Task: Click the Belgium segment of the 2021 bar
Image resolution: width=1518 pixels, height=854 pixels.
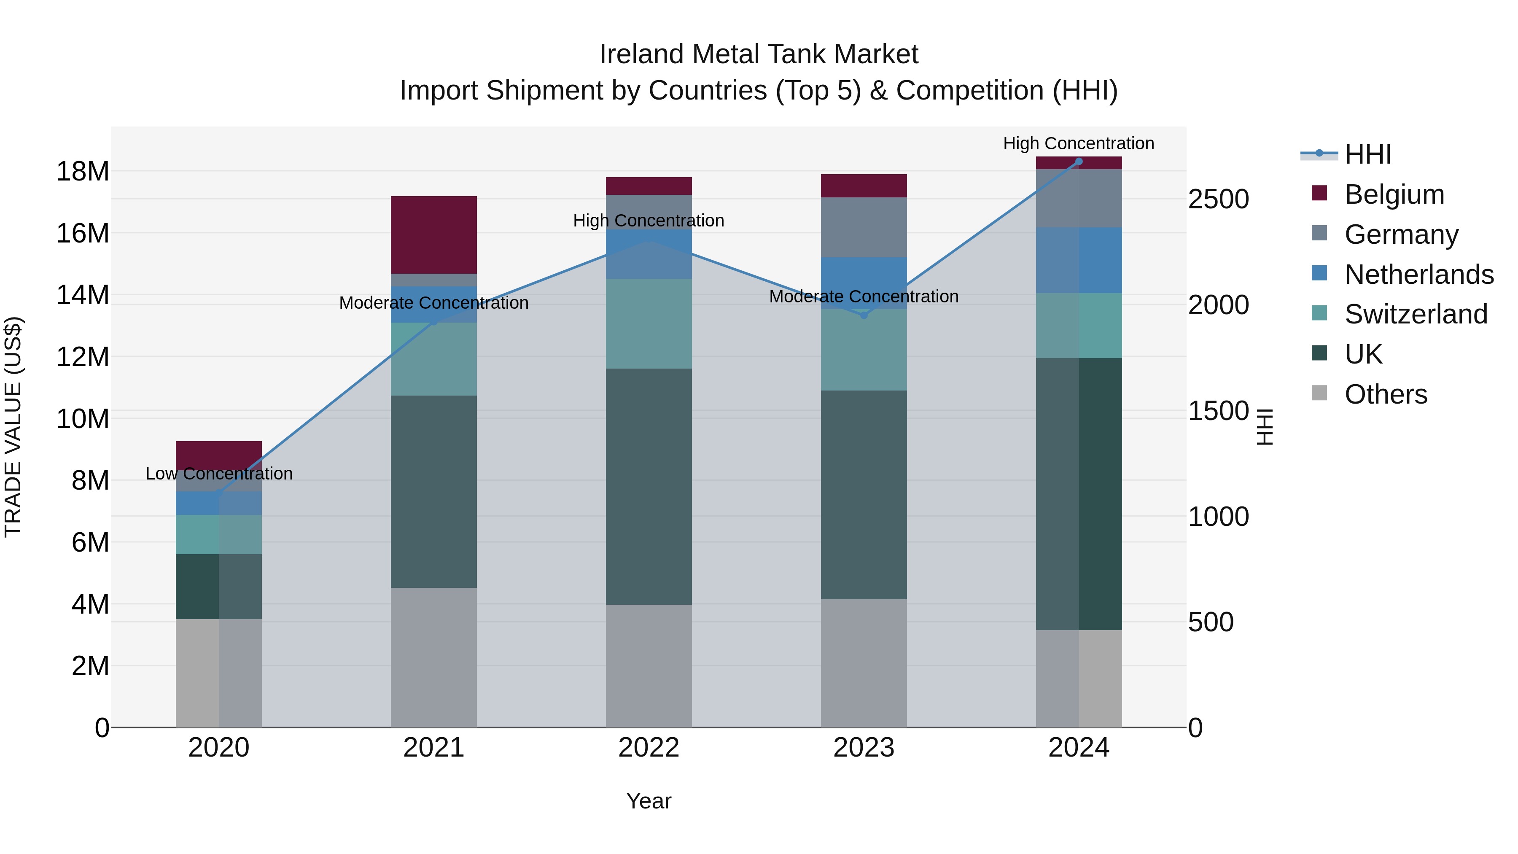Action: pyautogui.click(x=434, y=234)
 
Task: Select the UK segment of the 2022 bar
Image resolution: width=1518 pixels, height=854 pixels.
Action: pyautogui.click(x=649, y=486)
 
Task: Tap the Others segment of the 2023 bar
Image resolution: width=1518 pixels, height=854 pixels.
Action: pyautogui.click(x=864, y=663)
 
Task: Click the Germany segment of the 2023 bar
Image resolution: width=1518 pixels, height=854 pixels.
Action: pyautogui.click(x=864, y=227)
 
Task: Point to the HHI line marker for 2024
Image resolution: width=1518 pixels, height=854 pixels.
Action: pyautogui.click(x=1079, y=162)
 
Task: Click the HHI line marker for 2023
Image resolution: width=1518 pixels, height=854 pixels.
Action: pyautogui.click(x=864, y=315)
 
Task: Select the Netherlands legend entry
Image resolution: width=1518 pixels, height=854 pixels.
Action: pyautogui.click(x=1419, y=275)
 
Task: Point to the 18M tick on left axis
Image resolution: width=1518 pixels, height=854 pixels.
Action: pyautogui.click(x=83, y=172)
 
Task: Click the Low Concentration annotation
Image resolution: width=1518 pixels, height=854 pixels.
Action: pyautogui.click(x=219, y=474)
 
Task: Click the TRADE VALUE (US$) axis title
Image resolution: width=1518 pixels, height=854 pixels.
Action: pyautogui.click(x=13, y=427)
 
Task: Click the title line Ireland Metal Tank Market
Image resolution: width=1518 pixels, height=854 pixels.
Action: pyautogui.click(x=759, y=54)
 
